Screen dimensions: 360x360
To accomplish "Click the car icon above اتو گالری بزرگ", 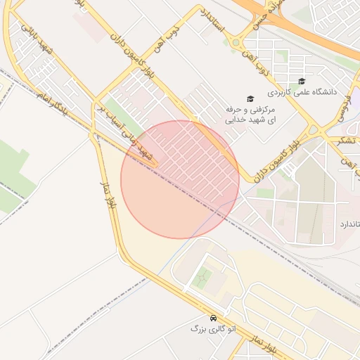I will pos(213,317).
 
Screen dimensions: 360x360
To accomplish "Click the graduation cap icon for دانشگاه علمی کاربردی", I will pos(302,81).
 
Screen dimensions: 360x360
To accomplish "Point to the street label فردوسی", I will pos(346,105).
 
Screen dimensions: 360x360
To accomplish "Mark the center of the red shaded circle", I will pos(180,179).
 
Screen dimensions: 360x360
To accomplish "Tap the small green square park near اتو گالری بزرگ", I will pos(202,278).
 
